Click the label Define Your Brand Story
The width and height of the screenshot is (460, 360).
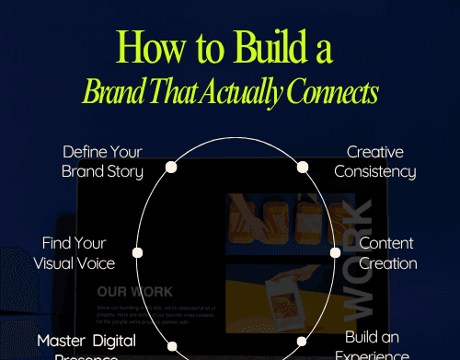coord(102,160)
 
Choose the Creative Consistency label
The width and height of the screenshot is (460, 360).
coord(374,161)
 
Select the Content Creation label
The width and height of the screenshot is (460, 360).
coord(387,253)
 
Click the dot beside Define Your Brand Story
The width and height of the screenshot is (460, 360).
coord(171,168)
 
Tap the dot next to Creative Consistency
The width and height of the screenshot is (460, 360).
coord(302,168)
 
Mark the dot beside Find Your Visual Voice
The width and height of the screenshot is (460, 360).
coord(138,252)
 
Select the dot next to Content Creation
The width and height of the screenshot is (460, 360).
coord(335,252)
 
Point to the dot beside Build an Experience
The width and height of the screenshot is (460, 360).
coord(302,342)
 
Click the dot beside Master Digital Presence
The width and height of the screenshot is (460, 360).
coord(171,345)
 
